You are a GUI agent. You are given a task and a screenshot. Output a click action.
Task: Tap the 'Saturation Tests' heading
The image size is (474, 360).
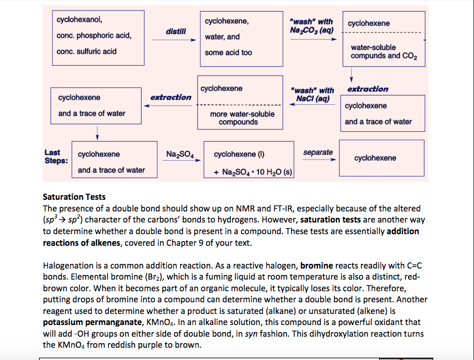click(x=74, y=197)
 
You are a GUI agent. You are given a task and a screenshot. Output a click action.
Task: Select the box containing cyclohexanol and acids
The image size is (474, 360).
click(x=95, y=36)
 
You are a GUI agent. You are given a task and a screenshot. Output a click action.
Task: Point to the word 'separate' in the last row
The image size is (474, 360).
click(x=318, y=153)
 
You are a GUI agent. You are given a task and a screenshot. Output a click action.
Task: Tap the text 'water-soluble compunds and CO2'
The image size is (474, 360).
click(x=383, y=52)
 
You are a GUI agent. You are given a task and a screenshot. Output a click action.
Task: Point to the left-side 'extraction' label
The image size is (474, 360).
click(x=171, y=97)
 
